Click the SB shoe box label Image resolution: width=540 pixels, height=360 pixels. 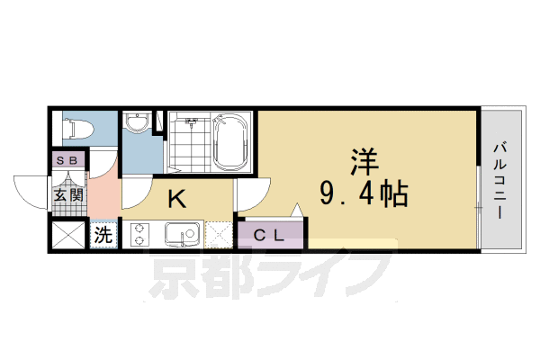click(67, 160)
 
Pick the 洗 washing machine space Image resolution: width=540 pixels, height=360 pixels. click(104, 236)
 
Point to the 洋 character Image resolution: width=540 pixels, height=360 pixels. click(364, 163)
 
